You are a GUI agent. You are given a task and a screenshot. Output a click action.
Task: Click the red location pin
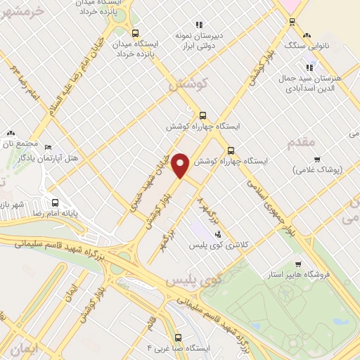click(181, 165)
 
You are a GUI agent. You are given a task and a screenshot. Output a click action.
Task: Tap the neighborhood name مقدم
click(303, 142)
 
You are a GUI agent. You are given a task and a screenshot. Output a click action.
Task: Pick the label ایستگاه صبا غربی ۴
click(179, 349)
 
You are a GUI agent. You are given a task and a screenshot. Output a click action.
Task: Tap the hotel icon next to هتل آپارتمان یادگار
click(48, 148)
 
